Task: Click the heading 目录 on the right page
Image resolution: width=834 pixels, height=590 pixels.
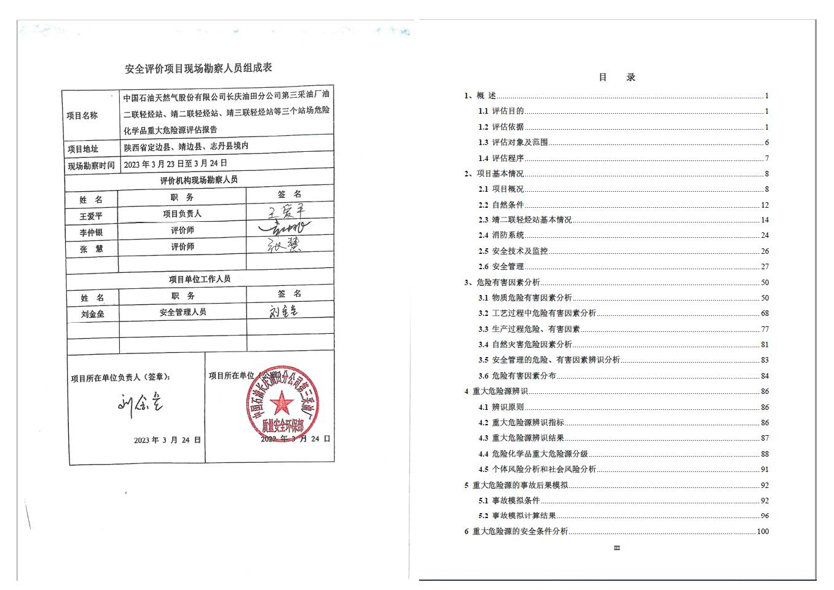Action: (617, 77)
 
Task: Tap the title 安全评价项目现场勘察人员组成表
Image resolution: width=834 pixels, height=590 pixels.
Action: (199, 68)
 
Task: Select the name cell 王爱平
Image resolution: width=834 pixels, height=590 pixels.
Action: (91, 216)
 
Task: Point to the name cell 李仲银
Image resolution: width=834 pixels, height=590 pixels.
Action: (91, 233)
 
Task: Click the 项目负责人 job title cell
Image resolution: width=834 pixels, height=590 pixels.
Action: (182, 214)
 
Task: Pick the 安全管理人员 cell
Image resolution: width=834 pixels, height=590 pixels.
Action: (183, 312)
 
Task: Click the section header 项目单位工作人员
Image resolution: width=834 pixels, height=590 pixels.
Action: (200, 279)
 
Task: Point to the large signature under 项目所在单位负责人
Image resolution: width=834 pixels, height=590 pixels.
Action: (140, 403)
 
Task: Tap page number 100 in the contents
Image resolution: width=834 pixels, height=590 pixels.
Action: (763, 532)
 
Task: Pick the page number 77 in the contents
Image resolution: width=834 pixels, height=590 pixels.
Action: (765, 329)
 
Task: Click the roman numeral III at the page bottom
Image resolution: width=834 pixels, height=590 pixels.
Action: (617, 548)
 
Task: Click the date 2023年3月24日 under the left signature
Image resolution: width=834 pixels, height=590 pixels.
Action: (167, 440)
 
